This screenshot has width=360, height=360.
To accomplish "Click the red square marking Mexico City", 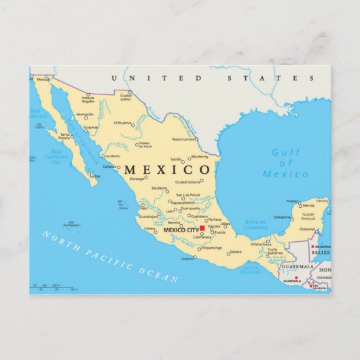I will coord(202,228).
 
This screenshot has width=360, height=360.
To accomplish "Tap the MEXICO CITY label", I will coord(181,230).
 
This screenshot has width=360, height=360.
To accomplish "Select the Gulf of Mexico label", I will coord(285,164).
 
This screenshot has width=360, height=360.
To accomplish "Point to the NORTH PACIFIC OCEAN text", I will coord(109,255).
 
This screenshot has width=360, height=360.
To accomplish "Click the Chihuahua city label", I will coord(123,123).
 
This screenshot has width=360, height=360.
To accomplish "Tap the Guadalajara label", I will coord(149,216).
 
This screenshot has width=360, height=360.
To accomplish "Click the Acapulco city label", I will coord(188,258).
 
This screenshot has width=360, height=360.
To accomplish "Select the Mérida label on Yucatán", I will coord(308,204).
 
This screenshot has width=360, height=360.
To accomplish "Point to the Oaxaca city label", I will coord(235,252).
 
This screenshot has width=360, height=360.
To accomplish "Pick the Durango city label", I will coord(137,178).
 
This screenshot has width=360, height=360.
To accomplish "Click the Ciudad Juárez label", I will coord(126,96).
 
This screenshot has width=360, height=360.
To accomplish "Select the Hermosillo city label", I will coord(85,115).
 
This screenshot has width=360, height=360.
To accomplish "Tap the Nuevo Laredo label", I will coord(183,139).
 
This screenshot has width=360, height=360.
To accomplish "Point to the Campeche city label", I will coord(283,217).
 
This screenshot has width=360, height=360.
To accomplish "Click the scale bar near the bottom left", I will coord(51,287).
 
